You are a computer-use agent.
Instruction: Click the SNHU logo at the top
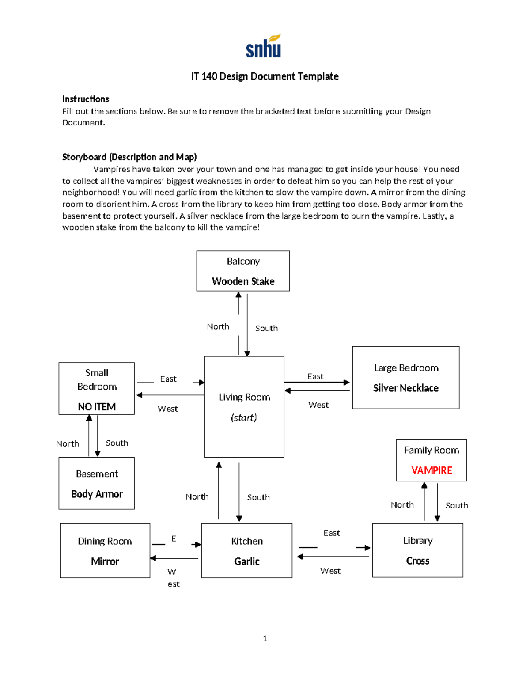[x=264, y=46]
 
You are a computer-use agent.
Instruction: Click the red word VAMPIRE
[x=432, y=470]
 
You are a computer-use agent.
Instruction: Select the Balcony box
[x=243, y=271]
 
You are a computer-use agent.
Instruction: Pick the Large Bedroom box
[x=405, y=377]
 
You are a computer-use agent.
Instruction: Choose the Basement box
[x=97, y=483]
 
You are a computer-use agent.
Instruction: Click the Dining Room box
[x=105, y=550]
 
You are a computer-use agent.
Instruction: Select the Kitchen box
[x=246, y=550]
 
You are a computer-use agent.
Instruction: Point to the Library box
[x=417, y=550]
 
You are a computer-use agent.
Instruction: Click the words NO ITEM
[x=97, y=407]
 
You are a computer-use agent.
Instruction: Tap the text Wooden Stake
[x=243, y=281]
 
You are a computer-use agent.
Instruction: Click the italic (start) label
[x=244, y=417]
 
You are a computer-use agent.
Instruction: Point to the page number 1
[x=265, y=638]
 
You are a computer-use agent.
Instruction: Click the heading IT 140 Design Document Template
[x=265, y=76]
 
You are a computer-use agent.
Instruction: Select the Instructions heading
[x=86, y=99]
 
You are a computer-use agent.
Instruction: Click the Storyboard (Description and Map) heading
[x=129, y=157]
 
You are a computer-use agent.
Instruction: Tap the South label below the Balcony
[x=266, y=328]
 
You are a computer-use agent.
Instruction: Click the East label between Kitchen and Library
[x=331, y=533]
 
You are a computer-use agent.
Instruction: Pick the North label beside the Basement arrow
[x=68, y=443]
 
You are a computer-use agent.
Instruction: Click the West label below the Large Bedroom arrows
[x=318, y=405]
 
